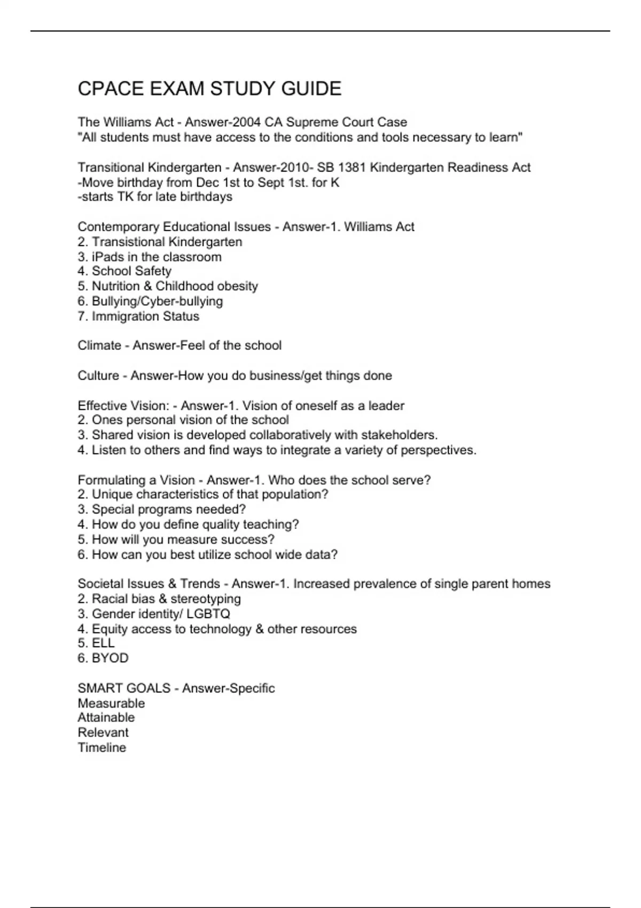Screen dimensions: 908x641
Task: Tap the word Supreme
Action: tap(311, 122)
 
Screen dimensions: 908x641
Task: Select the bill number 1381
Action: tap(352, 168)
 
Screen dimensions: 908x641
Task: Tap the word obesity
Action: tap(237, 286)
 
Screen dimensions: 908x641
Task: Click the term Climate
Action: tap(99, 346)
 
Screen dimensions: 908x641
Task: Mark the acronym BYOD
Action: tap(110, 658)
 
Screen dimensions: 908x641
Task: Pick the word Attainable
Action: tap(106, 718)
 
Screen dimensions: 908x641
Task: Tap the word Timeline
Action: tap(102, 748)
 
